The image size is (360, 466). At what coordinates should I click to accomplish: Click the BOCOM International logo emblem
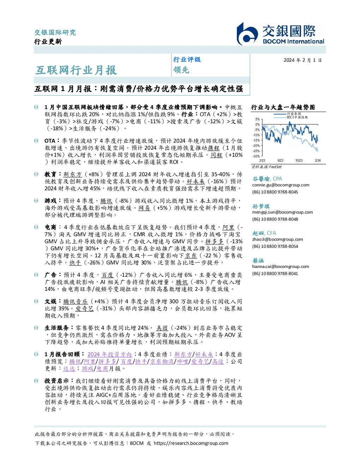[247, 34]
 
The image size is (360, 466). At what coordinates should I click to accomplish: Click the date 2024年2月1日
[302, 60]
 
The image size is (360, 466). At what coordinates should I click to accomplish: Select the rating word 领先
[181, 70]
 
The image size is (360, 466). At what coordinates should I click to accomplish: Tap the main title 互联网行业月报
[76, 70]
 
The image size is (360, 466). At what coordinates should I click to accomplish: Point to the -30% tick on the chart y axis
[257, 156]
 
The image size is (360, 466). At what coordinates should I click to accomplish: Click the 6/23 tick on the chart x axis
[280, 160]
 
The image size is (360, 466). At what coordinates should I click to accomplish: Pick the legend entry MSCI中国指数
[297, 117]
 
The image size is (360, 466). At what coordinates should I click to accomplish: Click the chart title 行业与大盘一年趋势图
[283, 107]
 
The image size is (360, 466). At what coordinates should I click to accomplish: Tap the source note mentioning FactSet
[266, 167]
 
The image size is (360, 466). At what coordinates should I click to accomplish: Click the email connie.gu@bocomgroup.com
[281, 185]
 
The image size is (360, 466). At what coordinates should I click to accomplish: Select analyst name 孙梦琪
[261, 206]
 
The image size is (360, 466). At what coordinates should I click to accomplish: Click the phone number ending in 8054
[275, 246]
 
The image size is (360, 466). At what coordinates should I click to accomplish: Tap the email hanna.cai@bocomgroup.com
[281, 266]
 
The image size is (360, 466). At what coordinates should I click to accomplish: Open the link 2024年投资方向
[109, 354]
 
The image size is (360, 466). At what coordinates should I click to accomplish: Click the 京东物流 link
[162, 362]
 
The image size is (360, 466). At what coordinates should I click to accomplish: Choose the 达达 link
[69, 369]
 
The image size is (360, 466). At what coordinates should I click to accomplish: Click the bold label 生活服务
[56, 328]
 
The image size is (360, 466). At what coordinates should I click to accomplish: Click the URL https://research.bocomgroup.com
[191, 443]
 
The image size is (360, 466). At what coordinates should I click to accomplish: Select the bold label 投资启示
[56, 381]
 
